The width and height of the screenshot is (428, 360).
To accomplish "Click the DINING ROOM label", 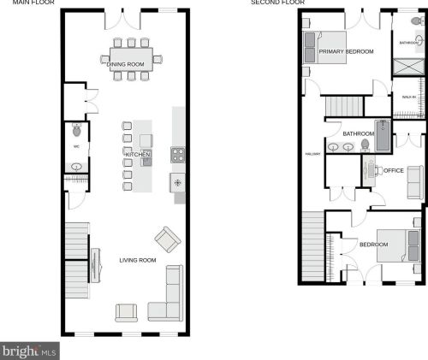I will pyautogui.click(x=123, y=65).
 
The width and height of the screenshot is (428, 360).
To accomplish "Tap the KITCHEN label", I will pyautogui.click(x=139, y=155).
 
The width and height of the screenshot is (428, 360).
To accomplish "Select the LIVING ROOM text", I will pyautogui.click(x=137, y=260).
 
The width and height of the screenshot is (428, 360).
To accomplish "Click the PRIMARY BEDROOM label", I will pyautogui.click(x=347, y=52).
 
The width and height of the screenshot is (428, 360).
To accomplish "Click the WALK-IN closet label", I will pyautogui.click(x=408, y=97).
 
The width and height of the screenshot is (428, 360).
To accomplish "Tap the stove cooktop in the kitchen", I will pyautogui.click(x=178, y=155).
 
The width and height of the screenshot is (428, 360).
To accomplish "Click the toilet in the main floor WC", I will pyautogui.click(x=76, y=132).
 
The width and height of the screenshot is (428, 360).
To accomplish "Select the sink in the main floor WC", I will pyautogui.click(x=74, y=168).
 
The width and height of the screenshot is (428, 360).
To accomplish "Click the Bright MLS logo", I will pyautogui.click(x=29, y=351).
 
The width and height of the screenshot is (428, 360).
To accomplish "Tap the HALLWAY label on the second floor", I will pyautogui.click(x=312, y=154).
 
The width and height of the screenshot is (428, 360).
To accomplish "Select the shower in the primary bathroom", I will pyautogui.click(x=406, y=68).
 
